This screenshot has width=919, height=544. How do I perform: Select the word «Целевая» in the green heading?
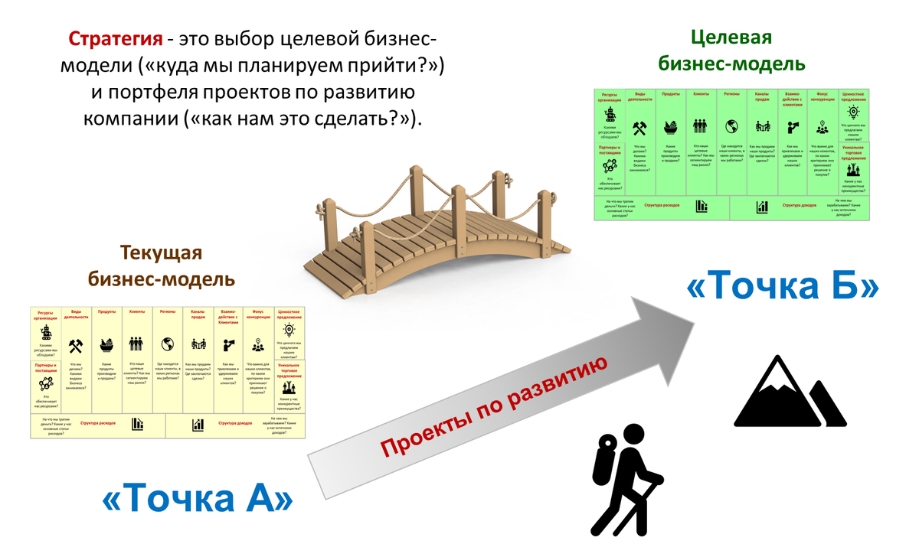click(731, 37)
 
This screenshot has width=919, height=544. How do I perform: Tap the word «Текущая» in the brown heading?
click(161, 254)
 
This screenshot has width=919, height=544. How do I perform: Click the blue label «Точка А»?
click(198, 498)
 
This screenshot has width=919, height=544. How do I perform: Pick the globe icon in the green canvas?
click(731, 126)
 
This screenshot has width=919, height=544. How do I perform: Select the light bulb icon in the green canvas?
click(853, 112)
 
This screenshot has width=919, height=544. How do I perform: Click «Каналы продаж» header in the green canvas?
click(760, 96)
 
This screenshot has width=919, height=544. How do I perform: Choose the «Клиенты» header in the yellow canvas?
click(137, 311)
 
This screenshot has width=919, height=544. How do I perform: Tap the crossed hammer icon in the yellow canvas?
click(75, 345)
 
